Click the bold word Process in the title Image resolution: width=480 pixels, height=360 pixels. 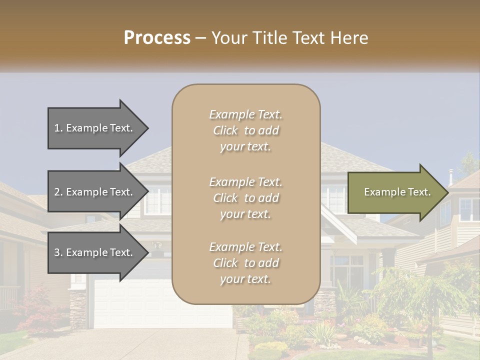[x=157, y=38]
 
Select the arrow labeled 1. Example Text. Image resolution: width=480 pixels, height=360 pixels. [x=95, y=128]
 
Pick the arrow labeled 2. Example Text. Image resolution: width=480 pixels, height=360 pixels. [x=95, y=192]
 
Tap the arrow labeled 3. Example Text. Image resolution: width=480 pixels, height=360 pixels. [x=95, y=252]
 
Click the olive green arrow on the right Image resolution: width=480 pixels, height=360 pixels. [x=395, y=192]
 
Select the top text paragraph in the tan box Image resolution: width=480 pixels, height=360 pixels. [x=245, y=130]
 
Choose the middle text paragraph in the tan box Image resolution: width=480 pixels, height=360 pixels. [x=245, y=197]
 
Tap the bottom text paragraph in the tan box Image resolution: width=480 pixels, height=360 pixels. [x=245, y=262]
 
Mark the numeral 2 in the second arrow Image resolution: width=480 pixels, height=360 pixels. [x=57, y=192]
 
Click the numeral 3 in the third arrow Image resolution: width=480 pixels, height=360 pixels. [x=57, y=252]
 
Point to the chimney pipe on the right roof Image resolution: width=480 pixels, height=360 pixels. [x=450, y=176]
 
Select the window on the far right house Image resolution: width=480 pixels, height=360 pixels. [x=469, y=209]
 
